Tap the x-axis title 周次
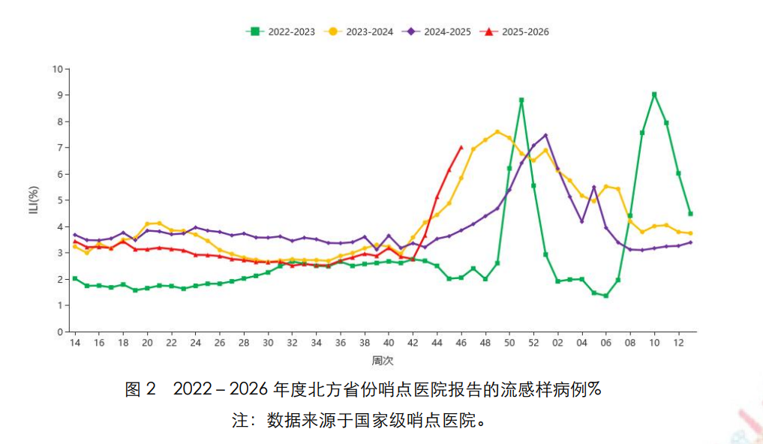(x=383, y=361)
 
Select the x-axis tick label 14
(x=74, y=343)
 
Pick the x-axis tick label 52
(x=533, y=343)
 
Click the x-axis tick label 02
(x=557, y=343)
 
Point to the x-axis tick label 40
(x=389, y=343)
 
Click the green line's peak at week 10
(x=654, y=94)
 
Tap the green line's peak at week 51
(x=521, y=100)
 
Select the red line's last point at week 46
(x=461, y=148)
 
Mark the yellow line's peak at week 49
(x=497, y=132)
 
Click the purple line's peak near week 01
(x=545, y=135)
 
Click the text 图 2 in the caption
(x=140, y=389)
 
